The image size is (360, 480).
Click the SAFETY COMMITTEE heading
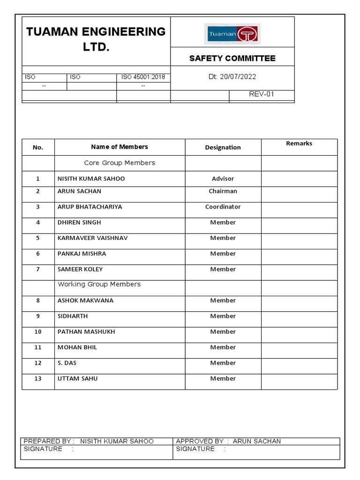pyautogui.click(x=232, y=58)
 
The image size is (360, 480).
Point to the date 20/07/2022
pyautogui.click(x=232, y=77)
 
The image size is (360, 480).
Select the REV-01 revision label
pyautogui.click(x=261, y=94)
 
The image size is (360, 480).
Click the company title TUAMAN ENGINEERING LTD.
pyautogui.click(x=96, y=39)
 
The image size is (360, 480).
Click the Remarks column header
pyautogui.click(x=299, y=143)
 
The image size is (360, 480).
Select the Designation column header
pyautogui.click(x=223, y=147)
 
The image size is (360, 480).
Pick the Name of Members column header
pyautogui.click(x=119, y=147)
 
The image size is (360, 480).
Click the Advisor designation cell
pyautogui.click(x=223, y=179)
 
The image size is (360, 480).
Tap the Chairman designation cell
pyautogui.click(x=223, y=191)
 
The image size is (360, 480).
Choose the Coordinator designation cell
pyautogui.click(x=223, y=207)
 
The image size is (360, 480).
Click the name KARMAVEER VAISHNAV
pyautogui.click(x=92, y=238)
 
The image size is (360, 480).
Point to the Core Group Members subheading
pyautogui.click(x=119, y=163)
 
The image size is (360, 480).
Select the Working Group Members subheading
pyautogui.click(x=99, y=284)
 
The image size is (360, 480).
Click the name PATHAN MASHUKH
pyautogui.click(x=86, y=332)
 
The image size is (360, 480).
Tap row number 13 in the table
pyautogui.click(x=38, y=379)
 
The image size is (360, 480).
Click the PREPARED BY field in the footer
pyautogui.click(x=88, y=441)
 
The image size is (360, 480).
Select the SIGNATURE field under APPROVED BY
pyautogui.click(x=201, y=449)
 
